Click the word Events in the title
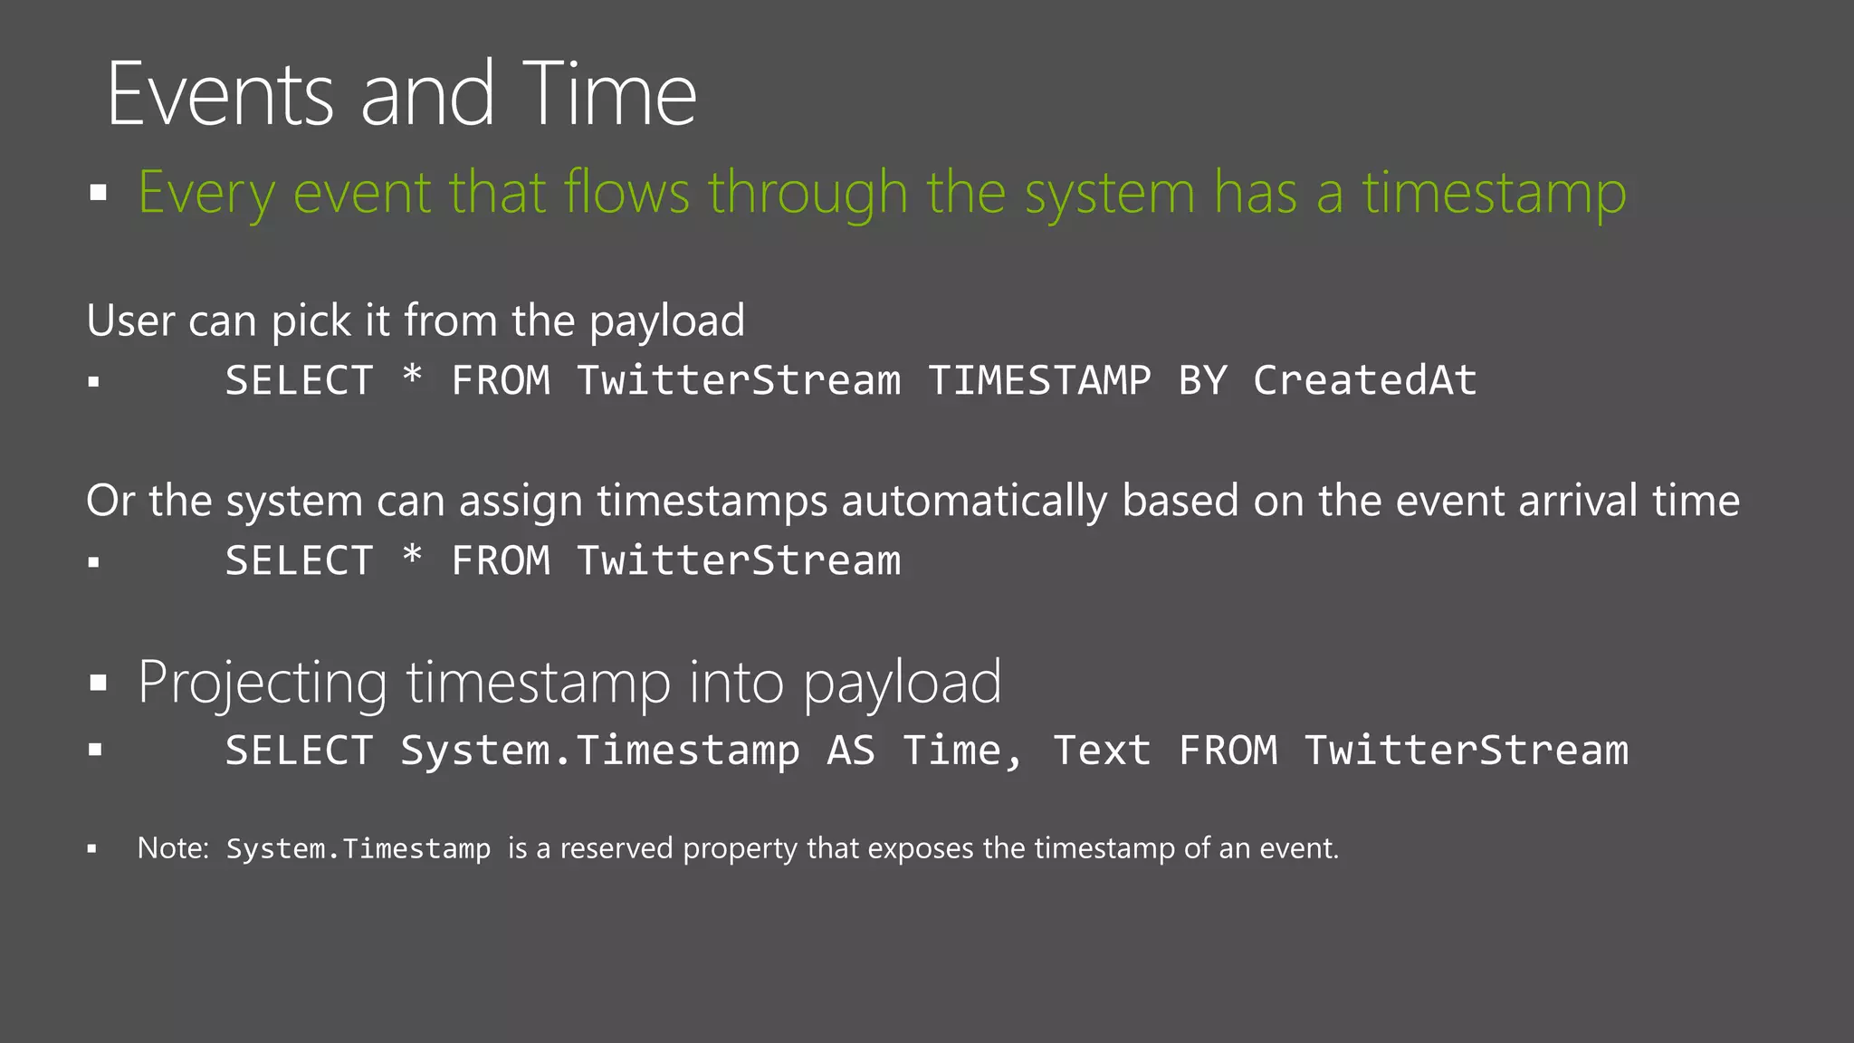[x=221, y=94]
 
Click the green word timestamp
[x=1494, y=195]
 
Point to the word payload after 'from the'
[x=667, y=322]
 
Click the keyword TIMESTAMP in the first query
[x=1039, y=380]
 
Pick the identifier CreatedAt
[x=1364, y=380]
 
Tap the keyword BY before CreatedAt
[x=1202, y=380]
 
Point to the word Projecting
[x=263, y=684]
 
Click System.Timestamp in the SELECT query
[x=599, y=751]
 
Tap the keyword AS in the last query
[x=850, y=751]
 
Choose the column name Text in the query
[x=1101, y=751]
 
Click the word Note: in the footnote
[x=173, y=848]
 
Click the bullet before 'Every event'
[x=99, y=193]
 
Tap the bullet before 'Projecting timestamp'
[x=99, y=683]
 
